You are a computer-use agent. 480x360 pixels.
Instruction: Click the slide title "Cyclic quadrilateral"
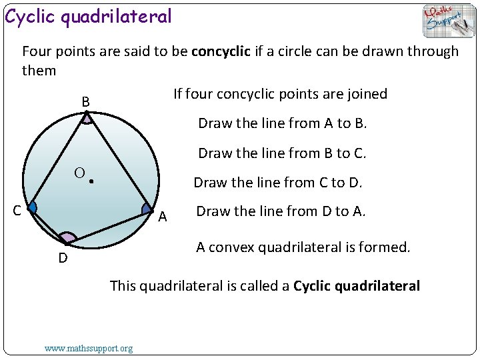point(89,16)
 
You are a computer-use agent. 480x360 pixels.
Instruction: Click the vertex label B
point(85,103)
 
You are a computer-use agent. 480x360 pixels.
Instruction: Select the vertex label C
point(19,211)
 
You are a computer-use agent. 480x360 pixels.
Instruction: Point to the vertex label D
point(63,258)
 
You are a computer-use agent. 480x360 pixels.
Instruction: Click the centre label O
point(79,173)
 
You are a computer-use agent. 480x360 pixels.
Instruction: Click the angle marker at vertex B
point(88,119)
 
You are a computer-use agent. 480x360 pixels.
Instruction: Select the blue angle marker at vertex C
point(33,208)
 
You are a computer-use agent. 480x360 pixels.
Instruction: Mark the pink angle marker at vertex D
point(67,237)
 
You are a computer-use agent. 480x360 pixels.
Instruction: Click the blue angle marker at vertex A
point(147,209)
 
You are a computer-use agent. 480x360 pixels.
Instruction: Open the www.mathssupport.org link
point(88,348)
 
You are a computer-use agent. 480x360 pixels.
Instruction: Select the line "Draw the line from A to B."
point(283,123)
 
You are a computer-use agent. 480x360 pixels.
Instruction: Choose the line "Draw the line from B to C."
point(283,153)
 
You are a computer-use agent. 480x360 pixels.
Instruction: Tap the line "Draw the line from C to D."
point(278,183)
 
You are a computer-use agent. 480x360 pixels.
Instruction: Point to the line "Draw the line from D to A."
point(281,211)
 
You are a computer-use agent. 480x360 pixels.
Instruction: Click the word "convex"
point(231,247)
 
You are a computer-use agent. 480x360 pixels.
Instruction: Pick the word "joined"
point(367,94)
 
